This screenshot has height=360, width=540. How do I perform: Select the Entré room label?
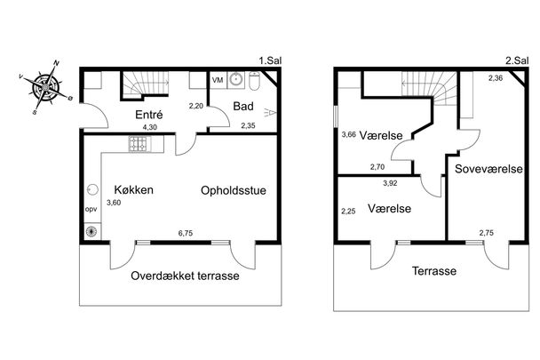click(152, 116)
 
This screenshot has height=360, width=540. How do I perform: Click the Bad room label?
click(243, 108)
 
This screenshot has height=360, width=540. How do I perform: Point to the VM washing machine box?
click(218, 81)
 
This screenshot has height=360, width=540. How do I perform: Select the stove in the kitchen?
click(139, 143)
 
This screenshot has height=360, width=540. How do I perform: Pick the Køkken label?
click(134, 190)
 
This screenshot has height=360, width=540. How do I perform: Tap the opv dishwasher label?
click(91, 210)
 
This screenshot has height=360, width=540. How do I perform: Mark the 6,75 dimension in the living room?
click(185, 233)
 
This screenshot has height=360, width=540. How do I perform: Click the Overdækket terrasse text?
click(185, 276)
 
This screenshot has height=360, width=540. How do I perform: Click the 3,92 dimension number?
click(389, 183)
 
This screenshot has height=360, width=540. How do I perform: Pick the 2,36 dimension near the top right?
click(496, 78)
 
